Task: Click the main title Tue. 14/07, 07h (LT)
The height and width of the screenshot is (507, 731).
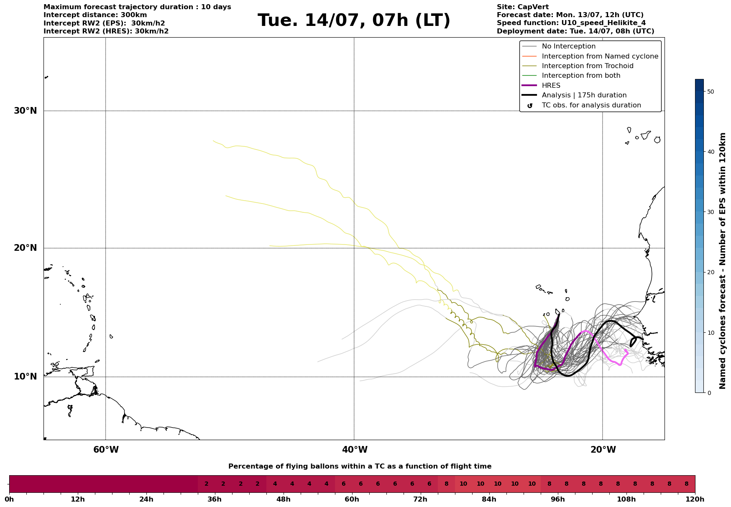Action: pyautogui.click(x=354, y=20)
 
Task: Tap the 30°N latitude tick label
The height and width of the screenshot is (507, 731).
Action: pyautogui.click(x=26, y=111)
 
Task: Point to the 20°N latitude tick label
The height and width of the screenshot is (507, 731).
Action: pyautogui.click(x=26, y=248)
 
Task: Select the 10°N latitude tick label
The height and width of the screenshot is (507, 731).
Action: pyautogui.click(x=26, y=377)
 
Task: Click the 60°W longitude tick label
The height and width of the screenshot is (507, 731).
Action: pyautogui.click(x=106, y=450)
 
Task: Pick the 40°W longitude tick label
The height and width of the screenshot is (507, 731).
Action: pyautogui.click(x=355, y=450)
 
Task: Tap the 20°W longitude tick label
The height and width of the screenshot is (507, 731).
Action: pyautogui.click(x=603, y=450)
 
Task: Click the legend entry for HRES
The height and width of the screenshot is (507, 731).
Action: pyautogui.click(x=551, y=86)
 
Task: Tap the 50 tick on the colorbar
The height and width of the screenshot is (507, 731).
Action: pyautogui.click(x=711, y=92)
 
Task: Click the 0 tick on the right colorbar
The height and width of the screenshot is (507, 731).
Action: pyautogui.click(x=709, y=393)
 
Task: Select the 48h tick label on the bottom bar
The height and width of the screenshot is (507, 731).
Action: pyautogui.click(x=284, y=499)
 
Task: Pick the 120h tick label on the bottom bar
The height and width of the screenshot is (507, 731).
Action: pyautogui.click(x=695, y=499)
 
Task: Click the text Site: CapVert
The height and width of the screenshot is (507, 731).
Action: pyautogui.click(x=523, y=7)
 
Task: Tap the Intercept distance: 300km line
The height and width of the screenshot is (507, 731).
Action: pyautogui.click(x=95, y=15)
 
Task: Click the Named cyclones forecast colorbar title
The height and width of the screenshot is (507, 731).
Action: pyautogui.click(x=723, y=261)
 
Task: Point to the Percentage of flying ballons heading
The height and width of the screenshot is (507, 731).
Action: pyautogui.click(x=360, y=466)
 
